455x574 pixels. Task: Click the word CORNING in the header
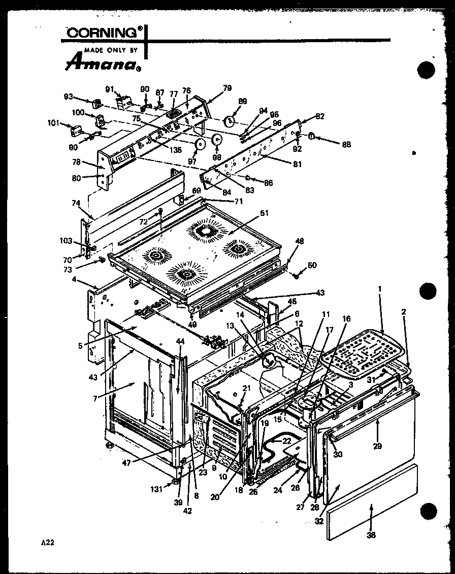pos(102,33)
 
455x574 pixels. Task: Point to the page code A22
pos(47,543)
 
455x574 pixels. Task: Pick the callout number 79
pos(226,88)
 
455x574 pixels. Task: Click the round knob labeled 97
pos(200,144)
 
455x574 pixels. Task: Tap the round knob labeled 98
pos(217,140)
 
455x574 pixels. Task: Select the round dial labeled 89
pos(230,121)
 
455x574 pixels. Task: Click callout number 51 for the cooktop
pos(265,213)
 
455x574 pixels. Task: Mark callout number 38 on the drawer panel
pos(371,534)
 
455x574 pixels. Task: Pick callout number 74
pos(76,202)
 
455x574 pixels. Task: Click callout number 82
pos(319,116)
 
